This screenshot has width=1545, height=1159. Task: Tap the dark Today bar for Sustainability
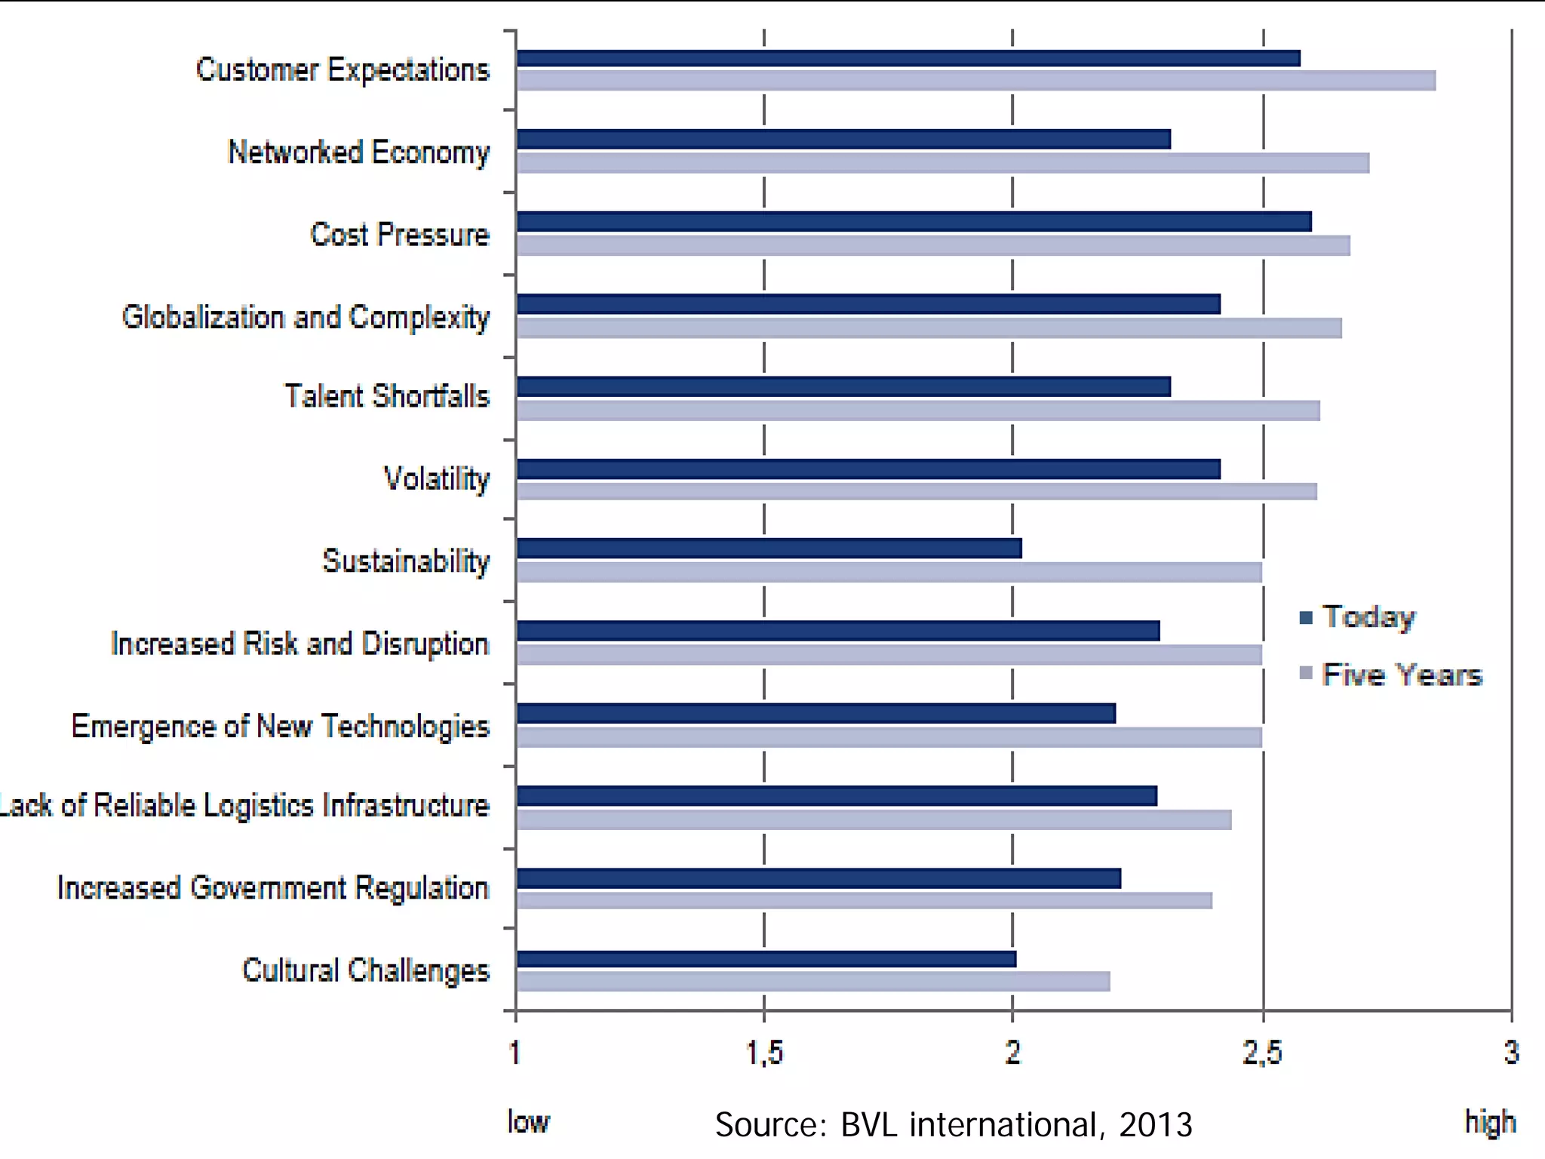(769, 549)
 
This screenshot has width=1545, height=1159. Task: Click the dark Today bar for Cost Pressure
(914, 222)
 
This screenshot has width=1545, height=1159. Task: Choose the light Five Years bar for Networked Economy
(943, 163)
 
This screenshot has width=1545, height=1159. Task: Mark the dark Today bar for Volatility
(868, 469)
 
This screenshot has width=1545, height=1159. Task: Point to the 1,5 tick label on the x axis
(764, 1053)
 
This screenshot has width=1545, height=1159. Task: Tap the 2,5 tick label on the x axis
(1263, 1053)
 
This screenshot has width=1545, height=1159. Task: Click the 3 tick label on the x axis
(1511, 1053)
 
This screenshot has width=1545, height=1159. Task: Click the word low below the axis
(528, 1122)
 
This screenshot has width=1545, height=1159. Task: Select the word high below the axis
(1490, 1122)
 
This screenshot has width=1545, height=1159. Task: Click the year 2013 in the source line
(1155, 1125)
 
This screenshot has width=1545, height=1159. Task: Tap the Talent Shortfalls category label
(387, 396)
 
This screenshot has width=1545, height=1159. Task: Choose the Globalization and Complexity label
(306, 317)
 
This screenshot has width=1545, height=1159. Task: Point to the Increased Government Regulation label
(273, 888)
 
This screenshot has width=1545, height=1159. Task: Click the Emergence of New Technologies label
(281, 726)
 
